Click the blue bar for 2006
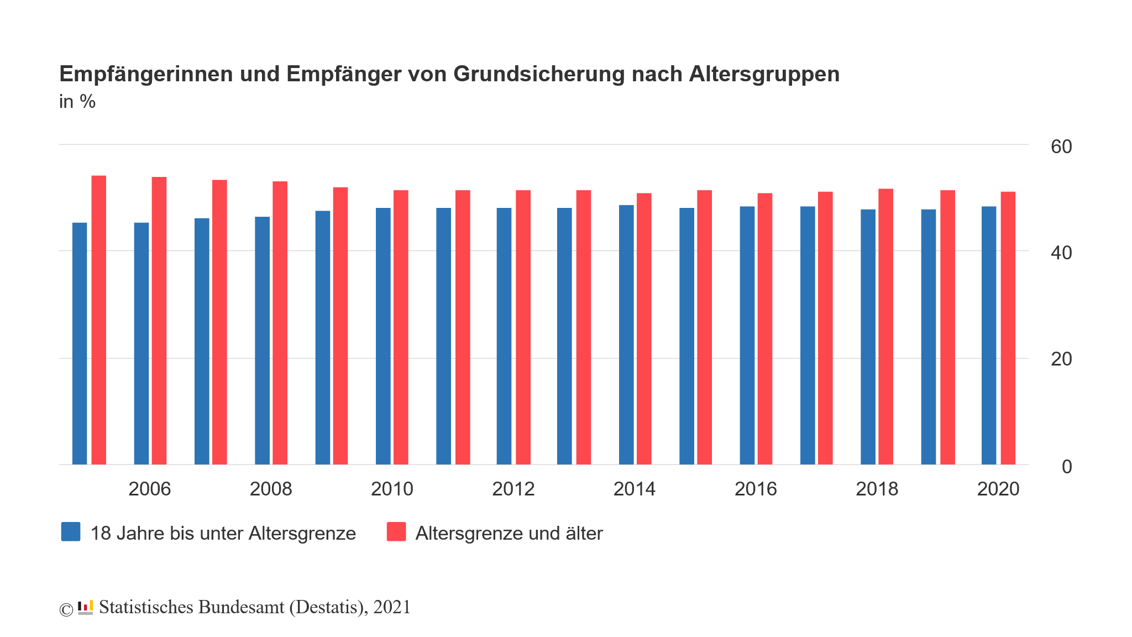[x=141, y=343]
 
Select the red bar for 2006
[x=159, y=321]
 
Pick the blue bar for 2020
[x=989, y=335]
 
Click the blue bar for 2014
[x=626, y=335]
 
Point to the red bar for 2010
[x=401, y=327]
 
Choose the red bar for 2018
[x=885, y=326]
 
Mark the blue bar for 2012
[x=504, y=336]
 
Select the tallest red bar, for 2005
[x=99, y=320]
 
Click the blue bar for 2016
[x=747, y=335]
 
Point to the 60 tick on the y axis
[x=1061, y=147]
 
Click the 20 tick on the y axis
[x=1061, y=359]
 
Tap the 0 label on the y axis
[x=1067, y=467]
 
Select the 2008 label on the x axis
[x=271, y=489]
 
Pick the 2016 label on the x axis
[x=756, y=489]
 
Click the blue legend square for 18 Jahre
[x=71, y=532]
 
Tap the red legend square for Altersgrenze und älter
[x=396, y=532]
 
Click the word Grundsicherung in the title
[x=539, y=74]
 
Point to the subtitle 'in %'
[x=77, y=102]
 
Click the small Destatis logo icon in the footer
[x=85, y=607]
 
